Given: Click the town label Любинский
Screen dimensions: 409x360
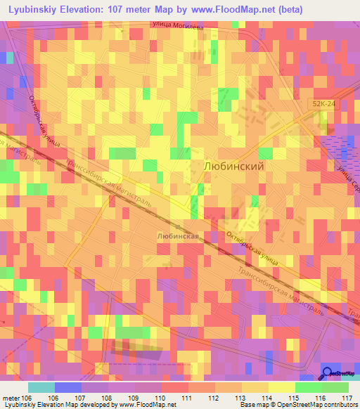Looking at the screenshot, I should tap(233, 167).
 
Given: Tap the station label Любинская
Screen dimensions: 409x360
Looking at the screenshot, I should tap(176, 238).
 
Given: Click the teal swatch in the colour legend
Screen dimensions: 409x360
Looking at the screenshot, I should tap(41, 387).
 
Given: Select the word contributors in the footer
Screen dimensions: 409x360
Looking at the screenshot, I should tap(339, 405).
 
